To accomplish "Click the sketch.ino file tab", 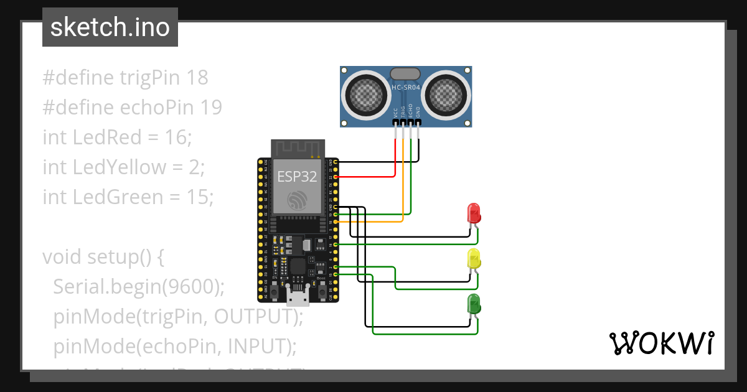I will tap(110, 27).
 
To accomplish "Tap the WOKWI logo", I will tap(660, 343).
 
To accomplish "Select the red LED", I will tap(474, 213).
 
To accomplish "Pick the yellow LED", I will tap(474, 259).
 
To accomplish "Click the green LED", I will tap(474, 304).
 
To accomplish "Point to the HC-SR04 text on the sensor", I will tap(406, 88).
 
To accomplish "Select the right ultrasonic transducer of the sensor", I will tap(446, 93).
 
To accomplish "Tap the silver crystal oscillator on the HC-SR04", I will tap(405, 73).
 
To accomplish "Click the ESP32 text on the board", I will tap(297, 176).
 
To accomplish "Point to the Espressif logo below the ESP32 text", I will tap(297, 200).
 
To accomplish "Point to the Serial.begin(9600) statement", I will tap(138, 286).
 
